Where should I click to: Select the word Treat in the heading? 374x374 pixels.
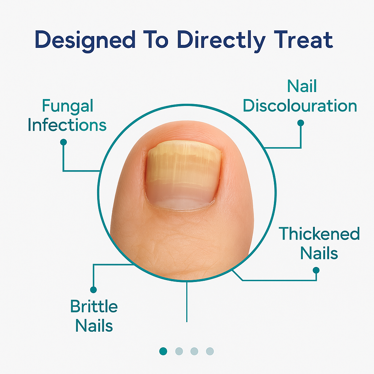point(303,40)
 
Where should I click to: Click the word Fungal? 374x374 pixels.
point(68,106)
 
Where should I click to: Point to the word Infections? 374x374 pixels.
point(67,125)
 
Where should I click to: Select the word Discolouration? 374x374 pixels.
point(300,106)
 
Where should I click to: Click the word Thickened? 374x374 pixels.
point(319,234)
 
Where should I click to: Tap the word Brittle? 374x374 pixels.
point(94,306)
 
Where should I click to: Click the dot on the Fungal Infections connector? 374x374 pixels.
point(63,142)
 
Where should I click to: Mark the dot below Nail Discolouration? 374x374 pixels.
point(301,123)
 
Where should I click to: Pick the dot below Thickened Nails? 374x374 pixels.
point(316,270)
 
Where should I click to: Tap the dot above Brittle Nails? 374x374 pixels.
point(93,290)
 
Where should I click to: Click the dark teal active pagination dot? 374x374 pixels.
point(163,351)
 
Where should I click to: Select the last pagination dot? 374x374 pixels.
point(210,351)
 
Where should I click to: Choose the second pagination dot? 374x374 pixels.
point(179,351)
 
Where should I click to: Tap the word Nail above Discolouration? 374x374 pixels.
point(302,87)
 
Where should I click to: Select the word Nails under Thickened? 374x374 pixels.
point(319,253)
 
